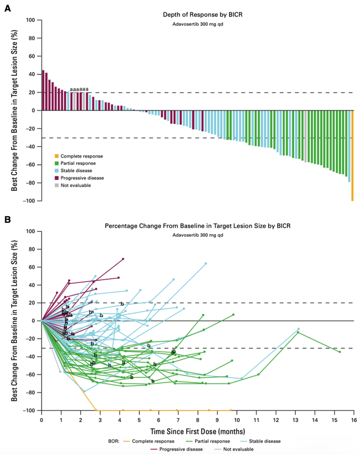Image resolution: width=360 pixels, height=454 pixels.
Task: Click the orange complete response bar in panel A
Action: (x=352, y=155)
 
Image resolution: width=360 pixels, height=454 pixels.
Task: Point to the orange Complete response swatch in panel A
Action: (x=56, y=156)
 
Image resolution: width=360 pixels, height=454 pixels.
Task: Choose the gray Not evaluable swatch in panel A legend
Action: (x=56, y=184)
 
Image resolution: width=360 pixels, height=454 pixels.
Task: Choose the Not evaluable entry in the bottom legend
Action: (x=238, y=449)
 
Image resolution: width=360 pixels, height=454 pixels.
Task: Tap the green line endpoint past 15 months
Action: (x=340, y=352)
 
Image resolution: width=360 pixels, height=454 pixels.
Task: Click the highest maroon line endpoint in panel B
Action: (x=123, y=259)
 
